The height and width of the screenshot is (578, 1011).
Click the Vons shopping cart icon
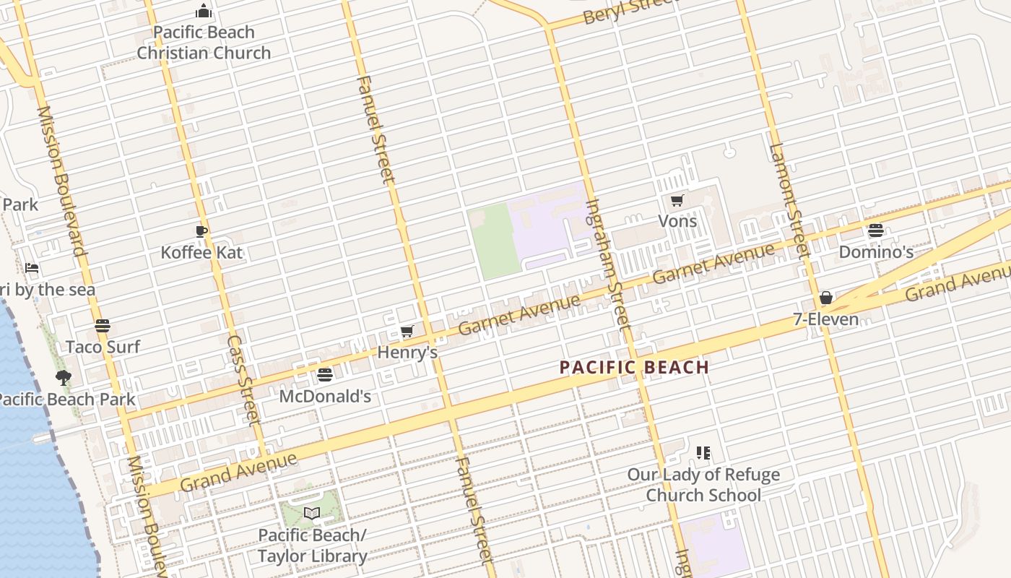pyautogui.click(x=677, y=201)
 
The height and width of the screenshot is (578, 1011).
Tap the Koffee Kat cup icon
pyautogui.click(x=201, y=231)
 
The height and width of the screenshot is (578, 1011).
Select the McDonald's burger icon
pyautogui.click(x=325, y=375)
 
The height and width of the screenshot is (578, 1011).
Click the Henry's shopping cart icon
pyautogui.click(x=407, y=332)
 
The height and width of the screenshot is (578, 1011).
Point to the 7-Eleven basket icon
pyautogui.click(x=826, y=298)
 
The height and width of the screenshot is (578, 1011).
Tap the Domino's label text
pyautogui.click(x=875, y=252)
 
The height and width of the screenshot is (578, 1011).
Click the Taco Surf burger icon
pyautogui.click(x=103, y=326)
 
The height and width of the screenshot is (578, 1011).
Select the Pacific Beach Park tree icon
pyautogui.click(x=64, y=377)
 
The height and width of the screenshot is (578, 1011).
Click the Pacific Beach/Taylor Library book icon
pyautogui.click(x=312, y=514)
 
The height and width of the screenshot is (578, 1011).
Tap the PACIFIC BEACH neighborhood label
pyautogui.click(x=634, y=367)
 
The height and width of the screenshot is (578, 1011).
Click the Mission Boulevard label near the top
pyautogui.click(x=61, y=181)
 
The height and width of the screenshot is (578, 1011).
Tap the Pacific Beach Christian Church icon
pyautogui.click(x=204, y=12)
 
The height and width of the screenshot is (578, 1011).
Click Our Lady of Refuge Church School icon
pyautogui.click(x=703, y=453)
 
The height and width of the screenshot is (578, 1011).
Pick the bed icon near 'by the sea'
pyautogui.click(x=32, y=268)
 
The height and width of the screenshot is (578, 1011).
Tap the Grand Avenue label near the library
pyautogui.click(x=238, y=471)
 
